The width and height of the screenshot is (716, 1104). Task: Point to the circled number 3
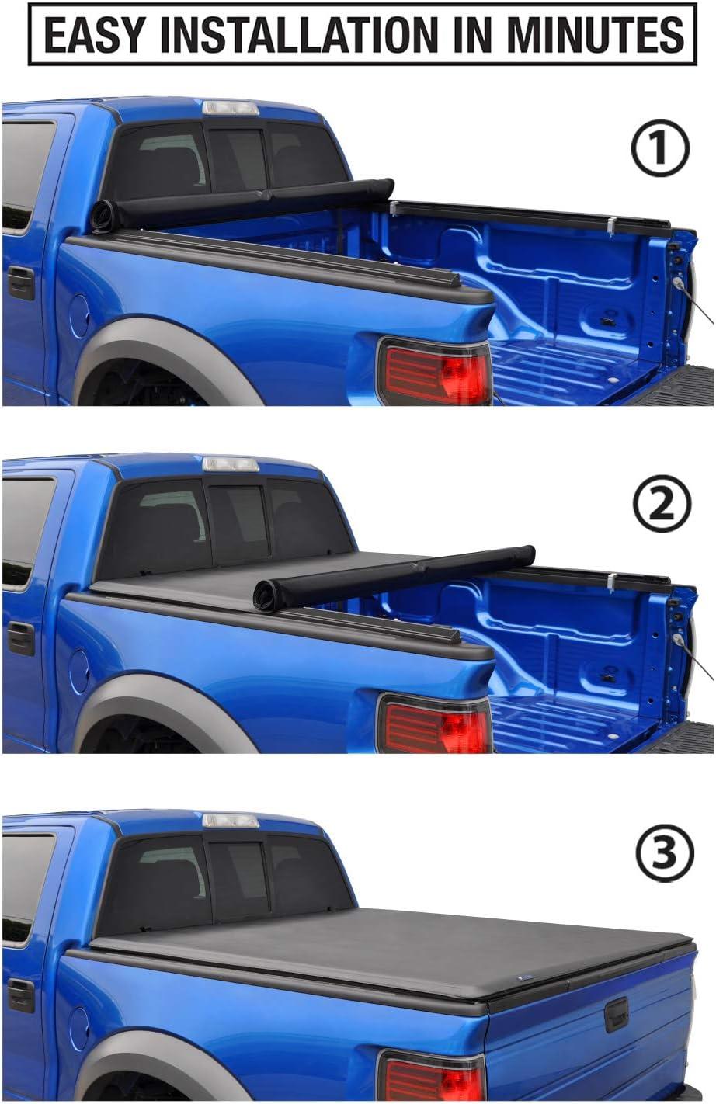(x=662, y=854)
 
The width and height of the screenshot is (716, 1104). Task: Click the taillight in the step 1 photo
(x=434, y=371)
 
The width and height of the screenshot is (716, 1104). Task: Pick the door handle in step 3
(x=21, y=994)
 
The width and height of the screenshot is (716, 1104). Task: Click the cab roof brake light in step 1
(x=230, y=108)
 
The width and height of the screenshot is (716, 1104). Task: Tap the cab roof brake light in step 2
(x=230, y=464)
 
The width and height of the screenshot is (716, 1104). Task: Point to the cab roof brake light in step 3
(x=230, y=820)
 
